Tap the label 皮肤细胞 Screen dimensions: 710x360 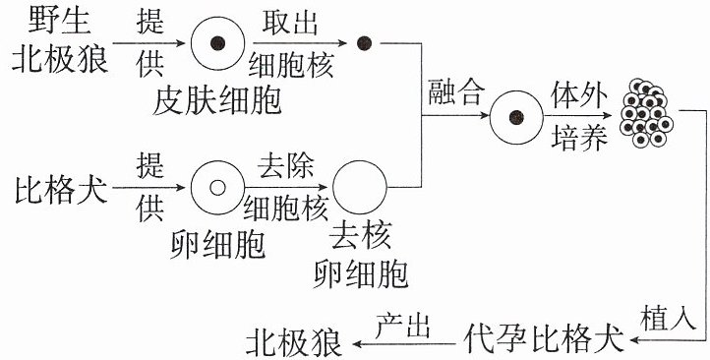point(217,100)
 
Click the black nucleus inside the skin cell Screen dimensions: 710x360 point(217,43)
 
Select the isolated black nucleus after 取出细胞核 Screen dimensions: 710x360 point(364,43)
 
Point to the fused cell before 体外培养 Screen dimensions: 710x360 point(516,118)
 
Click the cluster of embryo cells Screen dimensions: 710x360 point(647,113)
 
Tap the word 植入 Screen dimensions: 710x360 point(669,318)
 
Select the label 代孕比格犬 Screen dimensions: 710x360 point(544,338)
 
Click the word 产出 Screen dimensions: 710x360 point(402,325)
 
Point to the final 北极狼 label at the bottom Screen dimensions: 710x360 point(294,343)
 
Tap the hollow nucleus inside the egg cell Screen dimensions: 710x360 point(217,188)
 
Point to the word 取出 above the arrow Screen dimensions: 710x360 point(290,23)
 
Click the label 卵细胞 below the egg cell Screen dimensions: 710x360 point(217,245)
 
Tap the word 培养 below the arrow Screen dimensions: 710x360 point(579,138)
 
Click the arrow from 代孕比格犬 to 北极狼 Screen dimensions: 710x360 point(404,343)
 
